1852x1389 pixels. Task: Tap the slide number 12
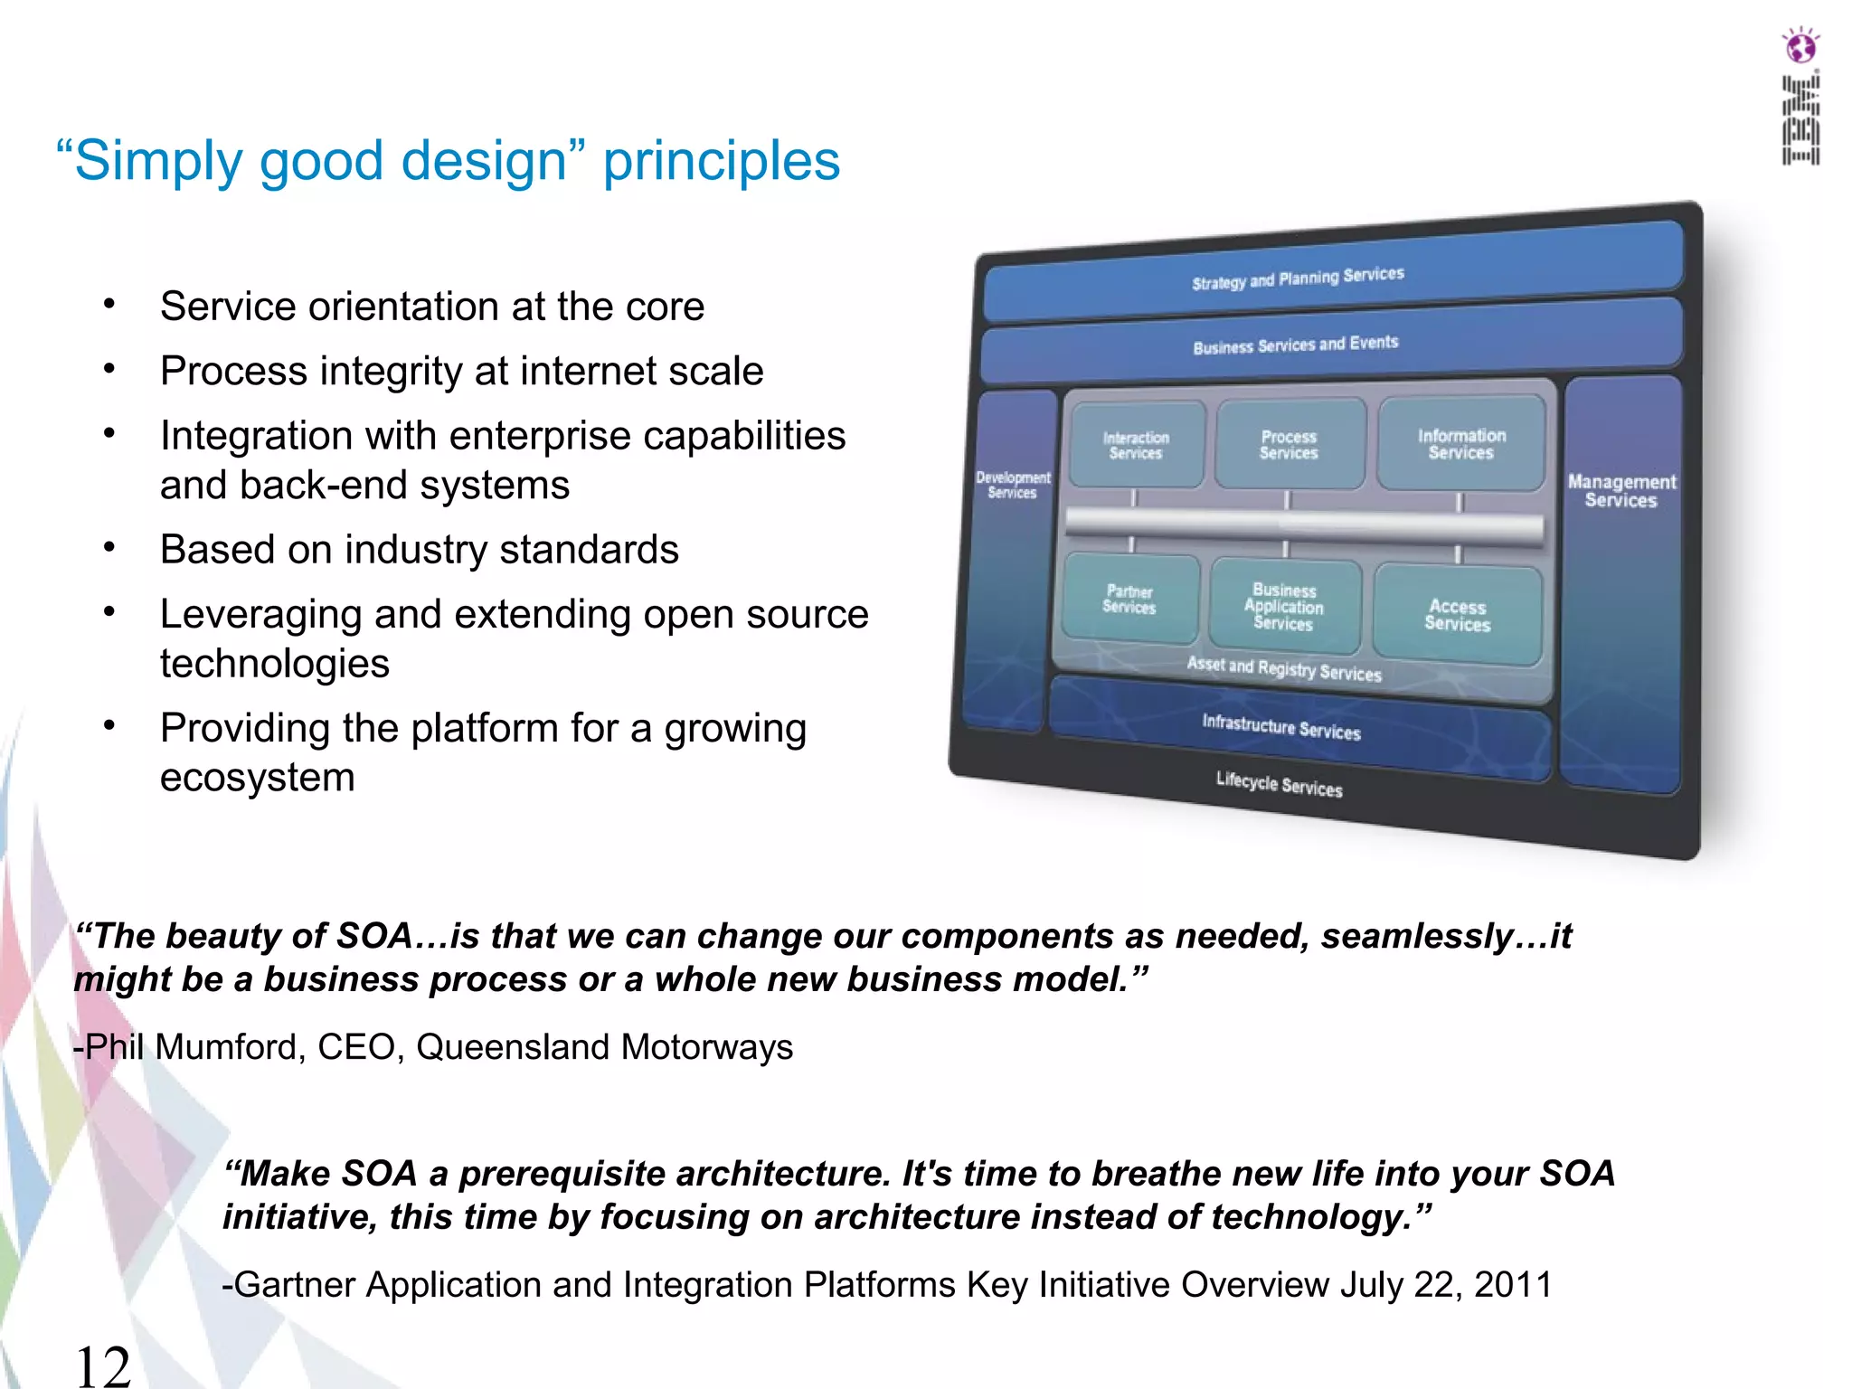[103, 1365]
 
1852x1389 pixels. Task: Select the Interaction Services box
[1136, 445]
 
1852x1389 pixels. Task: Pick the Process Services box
[1289, 444]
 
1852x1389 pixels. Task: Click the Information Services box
[1460, 444]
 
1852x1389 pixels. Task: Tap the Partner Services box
[1129, 599]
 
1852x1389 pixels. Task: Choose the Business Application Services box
[1283, 606]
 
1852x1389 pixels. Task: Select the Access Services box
[1457, 615]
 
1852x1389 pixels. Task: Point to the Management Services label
[1621, 491]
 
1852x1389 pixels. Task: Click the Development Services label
[1013, 485]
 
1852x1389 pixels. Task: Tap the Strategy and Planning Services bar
[1298, 278]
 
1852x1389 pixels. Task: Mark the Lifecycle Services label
[1279, 784]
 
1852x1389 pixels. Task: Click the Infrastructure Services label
[1280, 726]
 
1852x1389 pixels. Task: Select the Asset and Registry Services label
[1283, 668]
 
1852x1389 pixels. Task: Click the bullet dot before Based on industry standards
[109, 547]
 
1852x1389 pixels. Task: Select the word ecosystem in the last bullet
[257, 778]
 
